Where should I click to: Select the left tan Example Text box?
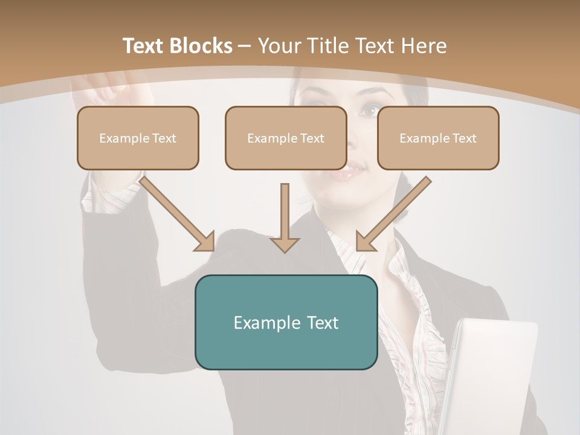(138, 138)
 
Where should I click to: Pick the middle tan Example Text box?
(286, 138)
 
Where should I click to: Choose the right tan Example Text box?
(438, 138)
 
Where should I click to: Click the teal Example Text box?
(286, 322)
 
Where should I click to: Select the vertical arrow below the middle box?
(285, 217)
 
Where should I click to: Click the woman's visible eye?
(369, 111)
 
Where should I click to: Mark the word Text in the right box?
(465, 138)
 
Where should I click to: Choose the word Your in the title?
(278, 46)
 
